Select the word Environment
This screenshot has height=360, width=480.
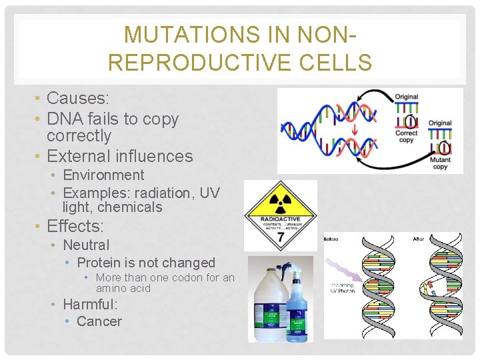click(103, 175)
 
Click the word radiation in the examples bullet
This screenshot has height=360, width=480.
click(163, 193)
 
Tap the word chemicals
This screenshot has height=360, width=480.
click(129, 207)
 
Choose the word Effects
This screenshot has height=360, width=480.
click(75, 226)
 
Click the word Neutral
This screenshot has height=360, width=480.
click(86, 245)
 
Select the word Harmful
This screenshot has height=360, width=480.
click(90, 305)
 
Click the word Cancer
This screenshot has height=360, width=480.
click(99, 321)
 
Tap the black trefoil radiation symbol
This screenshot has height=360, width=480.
click(280, 196)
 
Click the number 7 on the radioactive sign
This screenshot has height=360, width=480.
click(280, 237)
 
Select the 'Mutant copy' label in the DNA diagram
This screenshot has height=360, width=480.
click(440, 163)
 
